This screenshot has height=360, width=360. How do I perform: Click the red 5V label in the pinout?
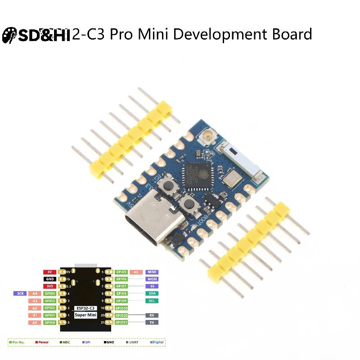(49, 272)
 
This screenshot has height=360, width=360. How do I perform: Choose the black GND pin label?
(49, 279)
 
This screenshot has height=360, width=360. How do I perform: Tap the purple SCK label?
(20, 293)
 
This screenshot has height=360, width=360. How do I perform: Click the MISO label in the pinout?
(152, 272)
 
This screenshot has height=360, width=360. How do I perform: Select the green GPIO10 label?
(121, 308)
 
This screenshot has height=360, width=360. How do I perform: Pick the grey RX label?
(152, 315)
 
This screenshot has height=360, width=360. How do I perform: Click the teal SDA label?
(152, 293)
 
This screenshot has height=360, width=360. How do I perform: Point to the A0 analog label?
(35, 323)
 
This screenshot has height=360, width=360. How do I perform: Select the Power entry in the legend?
(43, 342)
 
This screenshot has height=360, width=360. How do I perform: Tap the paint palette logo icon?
(9, 36)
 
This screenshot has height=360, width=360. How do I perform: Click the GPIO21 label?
(121, 323)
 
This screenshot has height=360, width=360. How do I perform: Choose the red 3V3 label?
(49, 286)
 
